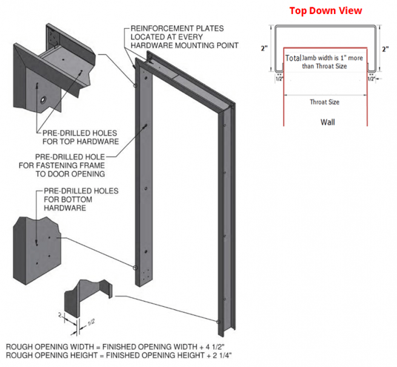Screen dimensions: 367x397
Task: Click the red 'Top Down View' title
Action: coord(325,10)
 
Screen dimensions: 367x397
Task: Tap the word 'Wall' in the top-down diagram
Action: coord(328,122)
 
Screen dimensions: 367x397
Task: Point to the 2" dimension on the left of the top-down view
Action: coord(264,49)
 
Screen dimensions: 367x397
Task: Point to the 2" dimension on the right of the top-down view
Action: coord(385,49)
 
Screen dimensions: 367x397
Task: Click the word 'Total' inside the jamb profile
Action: coord(293,57)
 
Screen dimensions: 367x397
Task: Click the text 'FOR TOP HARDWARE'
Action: coord(80,142)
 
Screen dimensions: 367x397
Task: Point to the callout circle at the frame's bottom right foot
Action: coord(216,321)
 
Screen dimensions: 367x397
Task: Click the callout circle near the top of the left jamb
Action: coord(134,86)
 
